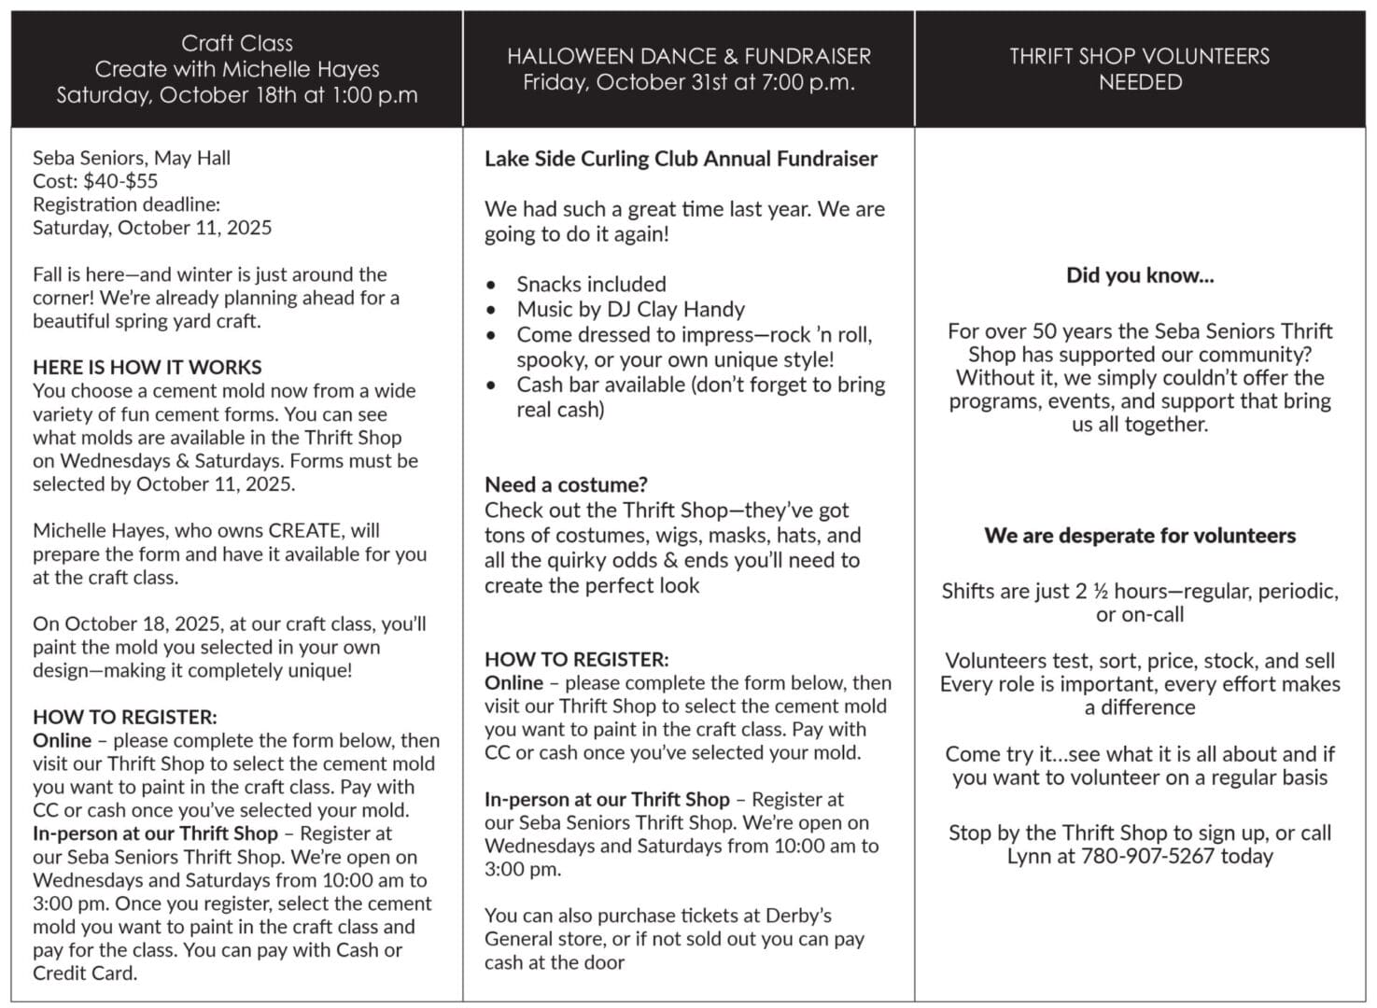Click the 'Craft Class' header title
click(x=236, y=43)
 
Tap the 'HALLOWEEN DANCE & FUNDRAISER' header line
click(x=688, y=56)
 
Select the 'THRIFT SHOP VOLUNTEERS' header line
click(x=1139, y=56)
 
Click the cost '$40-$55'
click(x=120, y=181)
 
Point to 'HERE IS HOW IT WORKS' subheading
click(x=147, y=367)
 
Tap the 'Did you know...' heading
click(x=1139, y=275)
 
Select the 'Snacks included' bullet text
click(x=591, y=284)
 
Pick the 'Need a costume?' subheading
click(x=566, y=484)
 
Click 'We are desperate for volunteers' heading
click(x=1139, y=536)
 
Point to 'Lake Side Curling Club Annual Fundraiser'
click(x=681, y=159)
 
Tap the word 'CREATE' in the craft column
click(x=304, y=530)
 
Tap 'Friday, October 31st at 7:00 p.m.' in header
click(x=688, y=82)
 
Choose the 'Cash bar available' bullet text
click(x=599, y=385)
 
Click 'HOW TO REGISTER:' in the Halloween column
click(x=576, y=659)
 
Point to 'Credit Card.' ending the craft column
click(x=85, y=973)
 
